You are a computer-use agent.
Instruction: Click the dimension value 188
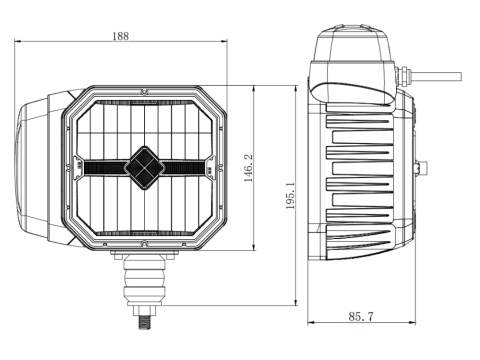tap(121, 36)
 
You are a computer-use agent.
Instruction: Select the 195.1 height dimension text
tap(290, 196)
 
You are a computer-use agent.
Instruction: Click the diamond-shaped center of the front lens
tap(142, 166)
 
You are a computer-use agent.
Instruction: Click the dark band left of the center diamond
tap(100, 166)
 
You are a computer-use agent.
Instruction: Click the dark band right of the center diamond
tap(186, 166)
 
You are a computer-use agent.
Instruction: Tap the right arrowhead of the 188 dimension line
tap(226, 42)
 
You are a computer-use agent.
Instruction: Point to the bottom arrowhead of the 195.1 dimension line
tap(298, 304)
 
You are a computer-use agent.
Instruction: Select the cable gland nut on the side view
tap(405, 73)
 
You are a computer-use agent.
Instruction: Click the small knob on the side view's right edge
tap(426, 166)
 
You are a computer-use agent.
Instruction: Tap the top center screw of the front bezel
tap(142, 96)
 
